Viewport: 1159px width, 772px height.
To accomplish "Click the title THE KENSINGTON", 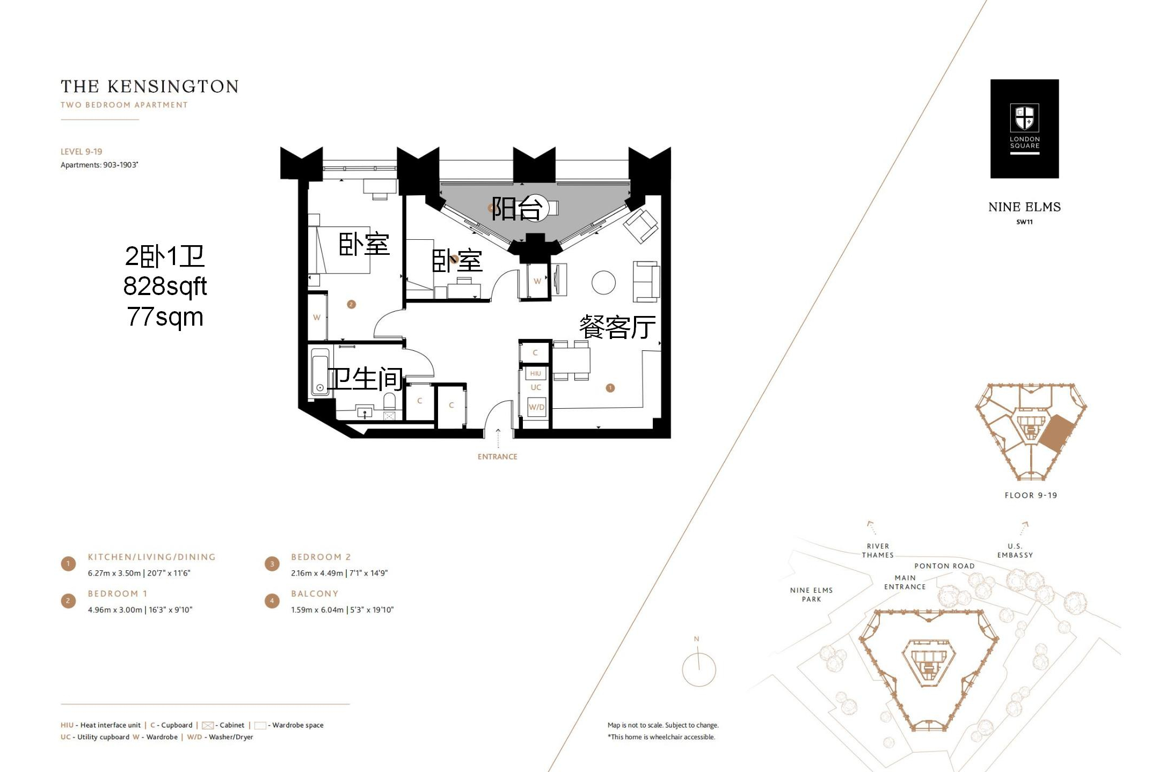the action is pyautogui.click(x=150, y=86).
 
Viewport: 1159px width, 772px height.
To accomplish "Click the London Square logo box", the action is pyautogui.click(x=1024, y=129).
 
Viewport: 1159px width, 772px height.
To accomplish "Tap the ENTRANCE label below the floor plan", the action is pyautogui.click(x=498, y=457).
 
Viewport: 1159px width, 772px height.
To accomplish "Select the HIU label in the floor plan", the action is pyautogui.click(x=536, y=373).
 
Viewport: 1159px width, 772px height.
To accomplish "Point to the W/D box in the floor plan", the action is pyautogui.click(x=537, y=407).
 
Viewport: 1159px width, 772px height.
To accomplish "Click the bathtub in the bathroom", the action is pyautogui.click(x=320, y=372).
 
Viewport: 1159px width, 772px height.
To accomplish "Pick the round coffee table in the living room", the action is pyautogui.click(x=603, y=283).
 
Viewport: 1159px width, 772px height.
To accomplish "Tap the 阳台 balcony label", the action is pyautogui.click(x=516, y=208).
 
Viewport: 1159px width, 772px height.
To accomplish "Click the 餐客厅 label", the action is pyautogui.click(x=617, y=327).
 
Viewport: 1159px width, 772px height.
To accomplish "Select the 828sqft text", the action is pyautogui.click(x=165, y=286).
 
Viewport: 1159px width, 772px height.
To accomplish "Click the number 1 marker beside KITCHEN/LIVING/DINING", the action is pyautogui.click(x=68, y=564).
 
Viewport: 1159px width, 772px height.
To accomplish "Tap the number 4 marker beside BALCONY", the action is pyautogui.click(x=272, y=601).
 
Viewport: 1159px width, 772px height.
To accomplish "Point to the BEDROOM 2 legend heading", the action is pyautogui.click(x=321, y=557).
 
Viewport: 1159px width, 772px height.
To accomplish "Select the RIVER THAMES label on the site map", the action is pyautogui.click(x=878, y=550).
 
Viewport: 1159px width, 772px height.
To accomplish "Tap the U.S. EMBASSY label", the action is pyautogui.click(x=1015, y=550).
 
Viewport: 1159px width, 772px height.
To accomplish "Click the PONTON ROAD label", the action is pyautogui.click(x=944, y=566).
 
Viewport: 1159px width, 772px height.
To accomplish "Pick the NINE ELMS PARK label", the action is pyautogui.click(x=811, y=594).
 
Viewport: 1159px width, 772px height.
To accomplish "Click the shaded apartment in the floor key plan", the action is pyautogui.click(x=1056, y=432).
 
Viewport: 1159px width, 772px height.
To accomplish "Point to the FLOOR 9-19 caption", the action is pyautogui.click(x=1031, y=495).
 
